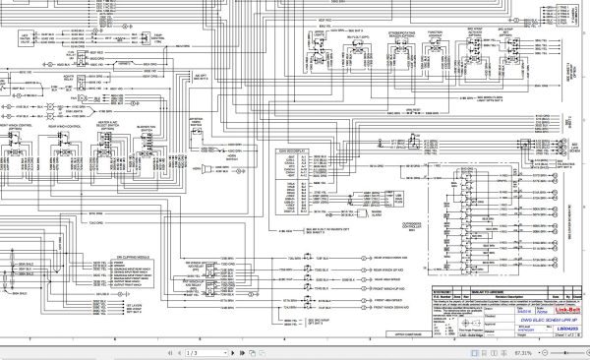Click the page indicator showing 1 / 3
pos(192,352)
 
